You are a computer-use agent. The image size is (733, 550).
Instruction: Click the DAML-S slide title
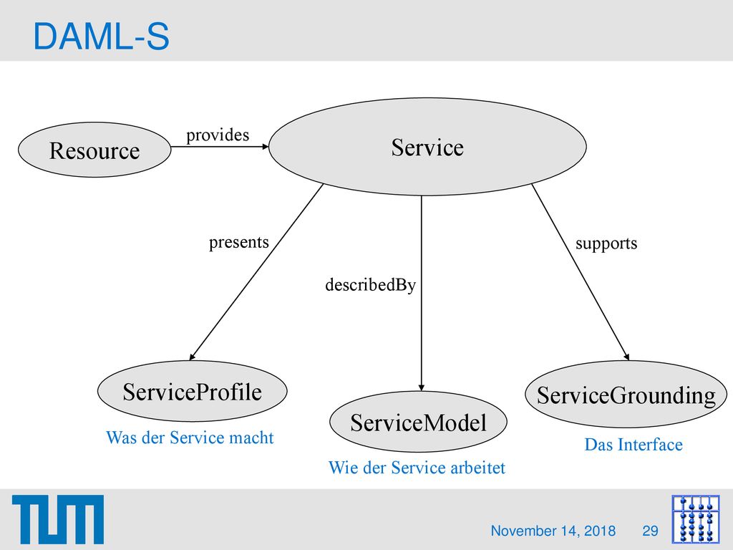point(101,37)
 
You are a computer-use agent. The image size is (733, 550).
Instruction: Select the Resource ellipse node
point(94,150)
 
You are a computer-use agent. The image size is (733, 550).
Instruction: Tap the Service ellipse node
point(427,146)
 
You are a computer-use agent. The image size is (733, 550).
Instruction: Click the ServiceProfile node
point(192,391)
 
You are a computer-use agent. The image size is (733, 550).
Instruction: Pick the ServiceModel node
point(418,421)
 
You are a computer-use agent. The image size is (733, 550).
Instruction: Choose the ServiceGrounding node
point(626,394)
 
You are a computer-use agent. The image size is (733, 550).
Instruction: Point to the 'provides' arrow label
point(218,135)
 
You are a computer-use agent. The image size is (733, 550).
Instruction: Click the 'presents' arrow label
point(239,242)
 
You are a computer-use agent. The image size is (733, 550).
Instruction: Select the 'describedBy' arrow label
point(370,284)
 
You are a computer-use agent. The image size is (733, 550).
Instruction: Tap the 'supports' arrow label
point(606,243)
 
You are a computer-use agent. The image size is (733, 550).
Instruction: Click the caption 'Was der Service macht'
point(190,438)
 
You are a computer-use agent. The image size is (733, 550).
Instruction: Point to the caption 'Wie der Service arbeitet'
point(417,468)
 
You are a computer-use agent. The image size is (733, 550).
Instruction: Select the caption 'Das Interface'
point(634,444)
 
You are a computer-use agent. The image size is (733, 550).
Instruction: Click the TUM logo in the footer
point(58,519)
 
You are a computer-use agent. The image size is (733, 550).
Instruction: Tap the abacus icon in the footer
point(696,519)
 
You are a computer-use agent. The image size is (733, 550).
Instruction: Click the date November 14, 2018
point(553,531)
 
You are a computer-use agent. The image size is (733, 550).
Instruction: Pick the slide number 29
point(650,531)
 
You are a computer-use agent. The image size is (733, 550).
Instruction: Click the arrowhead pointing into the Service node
point(266,146)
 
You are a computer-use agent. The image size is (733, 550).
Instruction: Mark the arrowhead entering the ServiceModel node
point(421,387)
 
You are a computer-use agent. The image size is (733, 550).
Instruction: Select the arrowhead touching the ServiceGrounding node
point(627,357)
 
